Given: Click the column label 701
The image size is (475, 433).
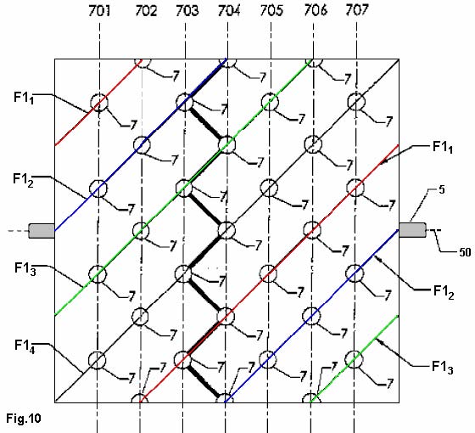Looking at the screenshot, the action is click(99, 11).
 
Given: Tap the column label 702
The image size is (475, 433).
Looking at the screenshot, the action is click(146, 11).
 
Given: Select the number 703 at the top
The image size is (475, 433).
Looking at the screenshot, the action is click(187, 11).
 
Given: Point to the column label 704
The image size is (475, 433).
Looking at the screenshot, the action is click(229, 11).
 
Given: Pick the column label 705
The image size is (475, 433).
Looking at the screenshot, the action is click(271, 11).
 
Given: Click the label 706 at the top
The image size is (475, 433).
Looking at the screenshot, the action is click(316, 10).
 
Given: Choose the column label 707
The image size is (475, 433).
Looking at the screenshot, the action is click(357, 10).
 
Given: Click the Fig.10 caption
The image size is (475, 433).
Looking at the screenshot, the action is click(24, 419).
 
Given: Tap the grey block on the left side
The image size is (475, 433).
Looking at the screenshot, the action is click(42, 231).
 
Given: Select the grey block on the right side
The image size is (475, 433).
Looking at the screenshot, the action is click(412, 230).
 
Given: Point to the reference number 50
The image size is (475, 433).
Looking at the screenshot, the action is click(465, 252).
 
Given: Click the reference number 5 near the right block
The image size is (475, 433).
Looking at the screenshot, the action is click(442, 190).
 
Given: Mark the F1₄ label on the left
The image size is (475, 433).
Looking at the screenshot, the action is click(25, 346).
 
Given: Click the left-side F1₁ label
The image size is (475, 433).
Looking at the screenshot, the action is click(24, 98).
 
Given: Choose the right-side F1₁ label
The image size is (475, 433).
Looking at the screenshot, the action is click(443, 148).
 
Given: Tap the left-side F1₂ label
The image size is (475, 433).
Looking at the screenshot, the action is click(23, 180).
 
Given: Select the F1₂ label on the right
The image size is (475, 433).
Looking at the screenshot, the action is click(444, 292).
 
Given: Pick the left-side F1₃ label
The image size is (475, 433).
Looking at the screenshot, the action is click(25, 269).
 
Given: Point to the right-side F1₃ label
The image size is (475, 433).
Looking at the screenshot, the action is click(443, 368).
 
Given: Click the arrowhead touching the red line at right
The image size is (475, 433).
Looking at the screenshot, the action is click(383, 161).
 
